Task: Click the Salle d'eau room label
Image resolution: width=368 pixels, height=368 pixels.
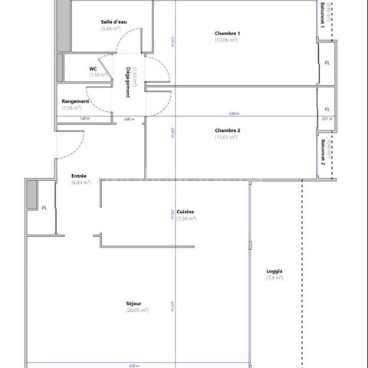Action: (x=114, y=21)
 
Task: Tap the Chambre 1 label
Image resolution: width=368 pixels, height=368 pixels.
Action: (x=228, y=33)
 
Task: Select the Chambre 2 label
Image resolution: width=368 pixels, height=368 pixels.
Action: (x=228, y=130)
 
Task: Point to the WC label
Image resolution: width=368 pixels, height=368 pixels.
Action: (x=93, y=68)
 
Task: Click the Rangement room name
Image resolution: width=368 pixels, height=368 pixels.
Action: (x=76, y=101)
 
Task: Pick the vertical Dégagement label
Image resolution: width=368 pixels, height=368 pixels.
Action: (x=127, y=80)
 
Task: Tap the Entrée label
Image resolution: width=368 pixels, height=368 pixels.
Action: (x=78, y=176)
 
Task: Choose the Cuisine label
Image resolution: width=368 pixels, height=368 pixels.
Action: (x=185, y=212)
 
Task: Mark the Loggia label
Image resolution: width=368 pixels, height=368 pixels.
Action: (x=274, y=271)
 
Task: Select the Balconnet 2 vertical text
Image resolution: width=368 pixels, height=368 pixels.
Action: (x=323, y=153)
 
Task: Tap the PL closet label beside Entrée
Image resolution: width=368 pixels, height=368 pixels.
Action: (x=44, y=208)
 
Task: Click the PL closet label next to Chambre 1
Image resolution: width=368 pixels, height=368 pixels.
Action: (x=327, y=63)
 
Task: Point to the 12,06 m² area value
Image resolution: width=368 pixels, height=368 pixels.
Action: (x=228, y=40)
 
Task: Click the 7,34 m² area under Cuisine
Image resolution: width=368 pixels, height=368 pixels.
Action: (x=186, y=219)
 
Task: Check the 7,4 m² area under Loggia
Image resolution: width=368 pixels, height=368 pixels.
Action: (x=274, y=278)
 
